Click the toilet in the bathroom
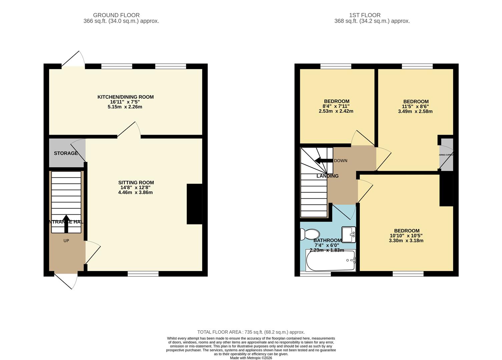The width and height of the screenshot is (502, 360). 310,234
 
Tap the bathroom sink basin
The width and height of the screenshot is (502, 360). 349,234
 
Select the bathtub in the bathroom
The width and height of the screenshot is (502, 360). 331,261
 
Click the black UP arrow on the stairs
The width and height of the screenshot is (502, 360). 66,224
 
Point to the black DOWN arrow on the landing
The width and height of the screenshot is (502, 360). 324,161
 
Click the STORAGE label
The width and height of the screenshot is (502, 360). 66,153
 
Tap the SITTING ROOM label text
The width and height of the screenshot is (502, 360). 136,182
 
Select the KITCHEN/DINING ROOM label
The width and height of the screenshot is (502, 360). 125,97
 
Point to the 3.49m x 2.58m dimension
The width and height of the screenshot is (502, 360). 415,111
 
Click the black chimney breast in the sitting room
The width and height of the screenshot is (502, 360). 194,204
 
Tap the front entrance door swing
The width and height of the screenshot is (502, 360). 68,281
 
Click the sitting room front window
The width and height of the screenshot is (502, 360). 143,274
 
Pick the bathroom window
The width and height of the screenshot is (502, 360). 316,274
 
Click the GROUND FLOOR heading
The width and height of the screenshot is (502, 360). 116,15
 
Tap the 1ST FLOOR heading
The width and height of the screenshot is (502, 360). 365,15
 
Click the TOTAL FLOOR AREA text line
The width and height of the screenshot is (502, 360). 251,332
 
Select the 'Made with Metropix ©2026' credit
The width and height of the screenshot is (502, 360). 251,358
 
